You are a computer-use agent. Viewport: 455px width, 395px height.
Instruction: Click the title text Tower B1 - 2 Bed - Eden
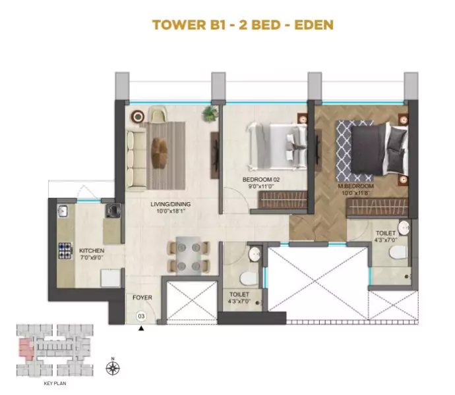click(242, 25)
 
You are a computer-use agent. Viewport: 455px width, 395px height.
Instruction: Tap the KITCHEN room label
click(91, 251)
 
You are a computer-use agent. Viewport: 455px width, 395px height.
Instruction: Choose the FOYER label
click(142, 298)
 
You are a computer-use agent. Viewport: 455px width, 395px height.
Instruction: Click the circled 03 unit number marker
click(140, 316)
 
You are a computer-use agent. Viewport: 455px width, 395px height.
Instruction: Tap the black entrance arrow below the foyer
click(140, 327)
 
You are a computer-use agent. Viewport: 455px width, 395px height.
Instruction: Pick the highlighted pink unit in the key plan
click(25, 346)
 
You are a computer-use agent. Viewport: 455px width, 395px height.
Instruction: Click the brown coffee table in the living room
click(160, 152)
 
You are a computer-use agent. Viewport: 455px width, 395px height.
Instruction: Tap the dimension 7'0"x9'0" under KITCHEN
click(91, 259)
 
